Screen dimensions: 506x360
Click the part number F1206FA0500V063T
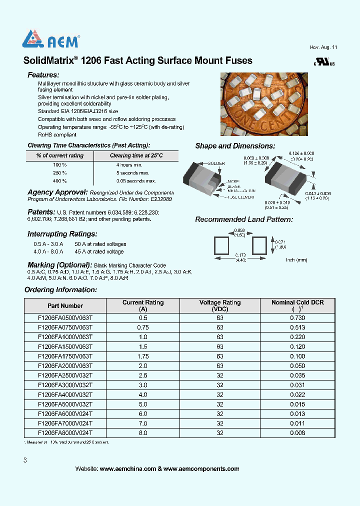65,318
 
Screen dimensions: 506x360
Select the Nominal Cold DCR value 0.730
297,318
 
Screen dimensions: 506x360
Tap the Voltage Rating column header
219,305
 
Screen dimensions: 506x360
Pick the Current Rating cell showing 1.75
143,356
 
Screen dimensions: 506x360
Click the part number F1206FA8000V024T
65,433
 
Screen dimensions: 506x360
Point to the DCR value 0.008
297,433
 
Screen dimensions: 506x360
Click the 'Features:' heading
44,75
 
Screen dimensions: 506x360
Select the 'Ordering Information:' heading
60,290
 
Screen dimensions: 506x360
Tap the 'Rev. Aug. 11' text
323,47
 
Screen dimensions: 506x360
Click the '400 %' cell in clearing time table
59,181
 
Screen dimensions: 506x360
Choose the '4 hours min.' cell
129,164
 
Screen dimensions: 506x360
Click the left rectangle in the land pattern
221,245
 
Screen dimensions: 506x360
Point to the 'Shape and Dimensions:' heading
235,146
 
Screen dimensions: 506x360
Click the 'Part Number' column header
65,305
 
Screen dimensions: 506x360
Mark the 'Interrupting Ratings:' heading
62,234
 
